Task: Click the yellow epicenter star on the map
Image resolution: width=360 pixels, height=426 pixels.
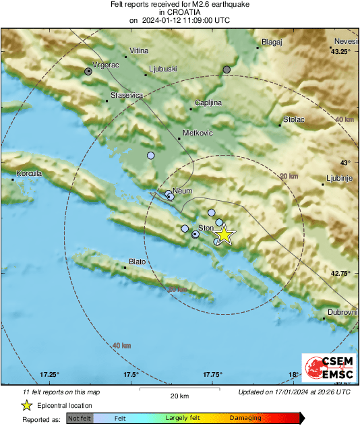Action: [x=224, y=235]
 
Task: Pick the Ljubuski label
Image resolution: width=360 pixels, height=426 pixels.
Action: [x=162, y=68]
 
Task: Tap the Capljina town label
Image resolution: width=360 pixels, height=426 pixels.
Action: [x=208, y=102]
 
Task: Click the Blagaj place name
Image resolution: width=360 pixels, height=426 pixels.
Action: [x=271, y=42]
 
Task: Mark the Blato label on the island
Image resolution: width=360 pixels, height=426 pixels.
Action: [x=137, y=262]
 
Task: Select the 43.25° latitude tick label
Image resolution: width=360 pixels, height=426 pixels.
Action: [x=341, y=51]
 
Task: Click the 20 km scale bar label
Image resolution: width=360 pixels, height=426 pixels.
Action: [x=179, y=395]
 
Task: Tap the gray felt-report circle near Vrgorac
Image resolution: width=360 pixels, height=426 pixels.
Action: [x=88, y=71]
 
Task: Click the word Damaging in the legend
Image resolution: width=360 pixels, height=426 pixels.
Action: [x=245, y=418]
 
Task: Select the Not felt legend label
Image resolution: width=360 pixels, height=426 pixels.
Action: [x=79, y=418]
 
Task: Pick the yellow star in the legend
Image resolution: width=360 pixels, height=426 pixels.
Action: [x=26, y=405]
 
